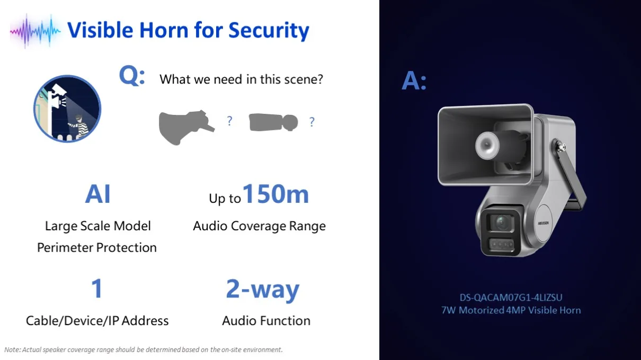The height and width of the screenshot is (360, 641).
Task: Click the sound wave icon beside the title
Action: [35, 31]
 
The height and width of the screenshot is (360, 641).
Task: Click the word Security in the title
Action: [269, 30]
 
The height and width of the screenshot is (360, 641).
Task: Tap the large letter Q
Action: [132, 76]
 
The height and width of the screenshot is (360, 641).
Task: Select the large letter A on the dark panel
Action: [414, 81]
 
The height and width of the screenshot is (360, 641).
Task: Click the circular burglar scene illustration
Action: [67, 109]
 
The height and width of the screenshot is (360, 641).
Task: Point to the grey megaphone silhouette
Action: [186, 127]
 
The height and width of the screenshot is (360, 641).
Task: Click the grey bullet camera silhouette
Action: [273, 122]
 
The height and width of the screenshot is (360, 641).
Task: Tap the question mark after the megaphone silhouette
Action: [229, 121]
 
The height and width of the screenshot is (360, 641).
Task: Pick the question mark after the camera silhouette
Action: [312, 122]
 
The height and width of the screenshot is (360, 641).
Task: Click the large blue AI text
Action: [98, 194]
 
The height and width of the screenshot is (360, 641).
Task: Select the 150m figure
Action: [275, 194]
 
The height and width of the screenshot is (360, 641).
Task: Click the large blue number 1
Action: [97, 288]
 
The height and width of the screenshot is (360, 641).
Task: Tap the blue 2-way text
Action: [263, 290]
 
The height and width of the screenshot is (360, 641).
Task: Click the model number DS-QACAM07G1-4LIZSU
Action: [511, 298]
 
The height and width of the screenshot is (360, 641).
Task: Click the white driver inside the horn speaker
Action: [487, 146]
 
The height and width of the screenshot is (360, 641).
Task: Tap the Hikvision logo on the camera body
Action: [544, 223]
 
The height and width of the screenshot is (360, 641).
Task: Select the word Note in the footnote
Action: [12, 350]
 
